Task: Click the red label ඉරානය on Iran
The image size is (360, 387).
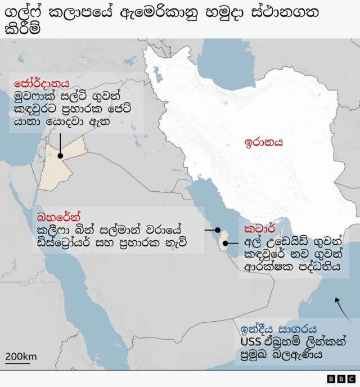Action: [263, 142]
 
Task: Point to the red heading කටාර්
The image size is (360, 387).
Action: [259, 229]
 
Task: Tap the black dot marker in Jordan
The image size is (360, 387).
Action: [60, 155]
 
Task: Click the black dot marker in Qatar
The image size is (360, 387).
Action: [226, 244]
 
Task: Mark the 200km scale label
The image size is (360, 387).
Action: [21, 356]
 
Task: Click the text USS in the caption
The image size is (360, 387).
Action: [250, 341]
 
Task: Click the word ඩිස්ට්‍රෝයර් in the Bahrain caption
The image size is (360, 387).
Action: [62, 243]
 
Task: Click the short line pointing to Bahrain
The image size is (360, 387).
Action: [212, 230]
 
